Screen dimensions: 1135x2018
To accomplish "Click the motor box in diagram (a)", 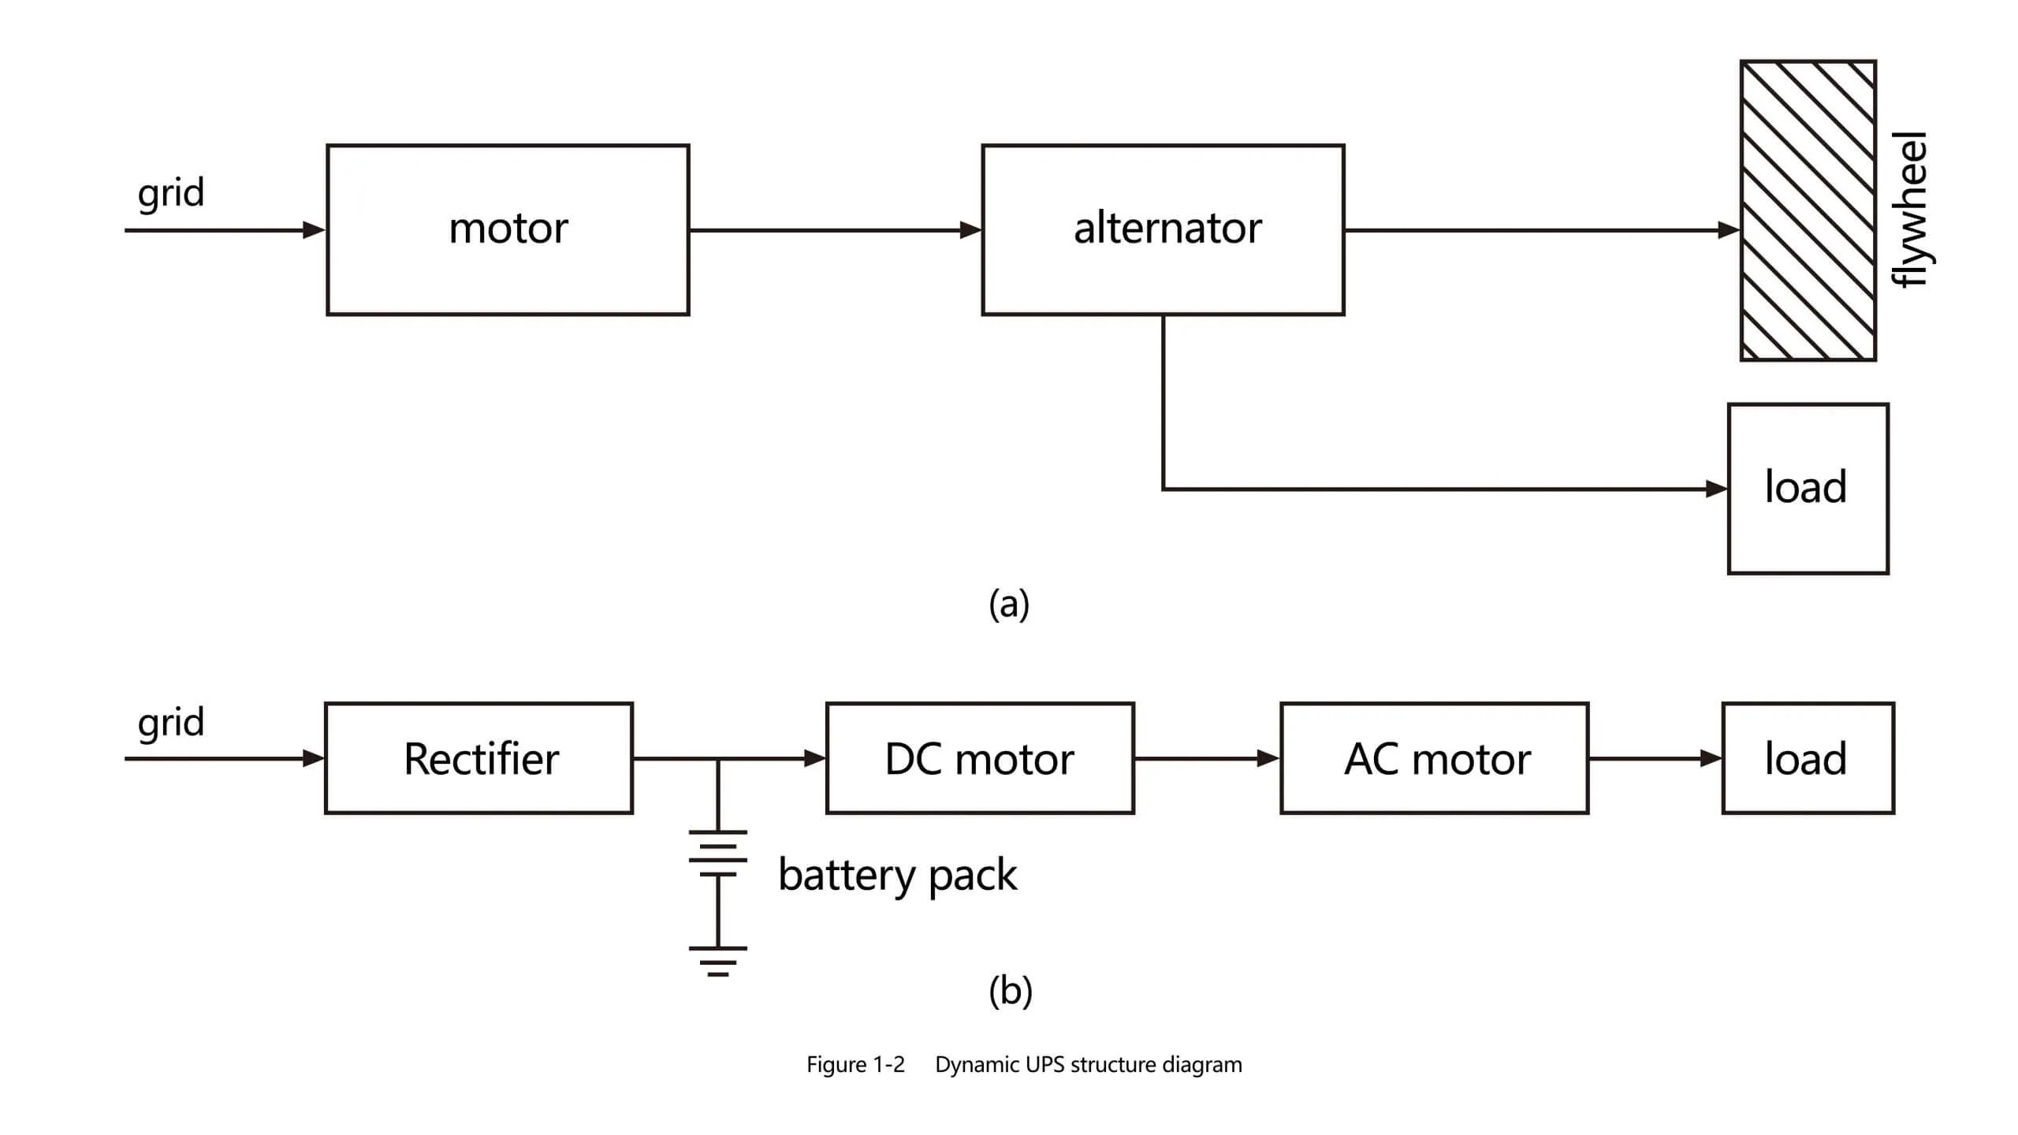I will coord(508,229).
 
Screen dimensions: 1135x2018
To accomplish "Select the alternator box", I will coord(1163,229).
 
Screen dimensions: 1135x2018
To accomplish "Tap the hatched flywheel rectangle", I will coord(1808,210).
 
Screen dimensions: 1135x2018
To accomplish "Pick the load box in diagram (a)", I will coord(1808,489).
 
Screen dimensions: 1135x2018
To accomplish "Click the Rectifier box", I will coord(478,758).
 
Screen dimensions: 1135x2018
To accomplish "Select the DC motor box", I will coord(980,758).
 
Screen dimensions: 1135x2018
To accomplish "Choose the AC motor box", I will coord(1434,758).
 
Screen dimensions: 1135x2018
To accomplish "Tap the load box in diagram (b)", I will coord(1808,758).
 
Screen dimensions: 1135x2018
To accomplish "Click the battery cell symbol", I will coord(717,853).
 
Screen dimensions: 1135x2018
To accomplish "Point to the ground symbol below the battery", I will coord(717,961).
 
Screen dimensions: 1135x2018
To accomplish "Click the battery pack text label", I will coord(897,875).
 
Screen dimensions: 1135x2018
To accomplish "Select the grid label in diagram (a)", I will coord(171,193).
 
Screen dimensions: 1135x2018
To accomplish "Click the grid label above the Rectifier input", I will coord(171,723).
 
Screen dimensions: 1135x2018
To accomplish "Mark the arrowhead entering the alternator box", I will coord(971,230).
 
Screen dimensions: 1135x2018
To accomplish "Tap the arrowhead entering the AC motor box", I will coord(1268,758).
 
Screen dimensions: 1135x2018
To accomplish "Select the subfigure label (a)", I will coord(1009,605).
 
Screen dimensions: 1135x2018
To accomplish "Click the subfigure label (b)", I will coord(1010,991).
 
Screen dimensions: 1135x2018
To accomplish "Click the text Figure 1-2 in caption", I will coord(855,1065).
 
